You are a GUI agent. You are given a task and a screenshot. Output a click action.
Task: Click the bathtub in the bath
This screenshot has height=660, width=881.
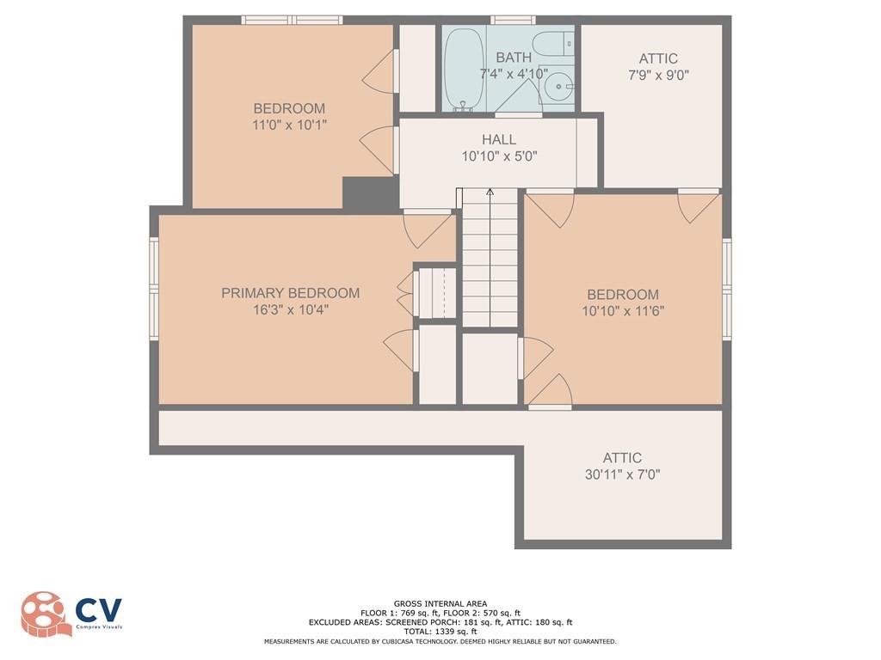(465, 69)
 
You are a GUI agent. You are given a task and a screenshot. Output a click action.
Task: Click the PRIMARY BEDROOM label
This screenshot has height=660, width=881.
(291, 293)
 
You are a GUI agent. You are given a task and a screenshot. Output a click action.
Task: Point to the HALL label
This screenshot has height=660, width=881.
(499, 139)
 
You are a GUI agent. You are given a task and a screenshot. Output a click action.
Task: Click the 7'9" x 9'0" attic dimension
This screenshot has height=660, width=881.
(658, 75)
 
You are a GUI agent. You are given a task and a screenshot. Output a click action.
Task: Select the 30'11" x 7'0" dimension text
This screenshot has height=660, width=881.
(622, 474)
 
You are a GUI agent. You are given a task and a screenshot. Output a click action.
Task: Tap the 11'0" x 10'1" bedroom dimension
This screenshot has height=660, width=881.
(289, 125)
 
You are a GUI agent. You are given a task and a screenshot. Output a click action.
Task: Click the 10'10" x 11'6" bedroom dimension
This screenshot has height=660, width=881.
(623, 310)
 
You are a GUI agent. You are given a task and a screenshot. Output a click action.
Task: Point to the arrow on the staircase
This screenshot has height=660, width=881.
(490, 194)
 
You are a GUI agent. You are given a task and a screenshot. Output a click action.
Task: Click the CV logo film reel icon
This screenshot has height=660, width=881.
(43, 614)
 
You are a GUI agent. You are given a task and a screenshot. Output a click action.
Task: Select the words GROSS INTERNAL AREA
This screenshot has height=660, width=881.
(440, 604)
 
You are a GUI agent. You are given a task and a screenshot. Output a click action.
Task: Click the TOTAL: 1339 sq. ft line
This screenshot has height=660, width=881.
(440, 632)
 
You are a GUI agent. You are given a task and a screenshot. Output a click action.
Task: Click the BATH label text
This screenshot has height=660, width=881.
(514, 58)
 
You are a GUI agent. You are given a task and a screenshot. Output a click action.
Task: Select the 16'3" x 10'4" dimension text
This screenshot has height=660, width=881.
(291, 309)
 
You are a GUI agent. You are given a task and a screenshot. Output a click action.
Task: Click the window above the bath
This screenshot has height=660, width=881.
(514, 20)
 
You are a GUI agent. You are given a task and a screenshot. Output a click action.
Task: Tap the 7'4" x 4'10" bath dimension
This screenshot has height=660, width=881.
(514, 74)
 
